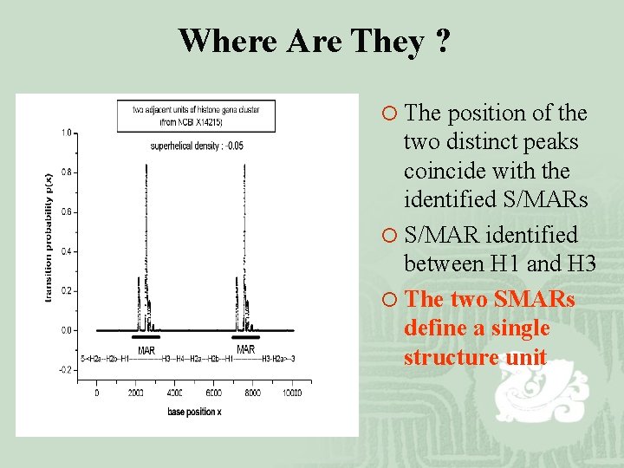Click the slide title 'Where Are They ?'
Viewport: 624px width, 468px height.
pos(314,41)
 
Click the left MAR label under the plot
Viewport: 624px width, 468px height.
pos(146,349)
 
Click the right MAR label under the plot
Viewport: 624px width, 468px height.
pos(246,349)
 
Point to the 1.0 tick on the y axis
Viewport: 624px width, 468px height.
pos(67,133)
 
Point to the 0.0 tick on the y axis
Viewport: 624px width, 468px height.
pos(67,330)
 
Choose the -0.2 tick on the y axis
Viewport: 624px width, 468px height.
pos(66,369)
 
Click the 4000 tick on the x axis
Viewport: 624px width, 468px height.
pos(175,393)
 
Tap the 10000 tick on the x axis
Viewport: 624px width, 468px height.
pos(292,393)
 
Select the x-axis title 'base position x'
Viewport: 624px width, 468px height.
pos(197,411)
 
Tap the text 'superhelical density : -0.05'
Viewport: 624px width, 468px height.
pos(197,146)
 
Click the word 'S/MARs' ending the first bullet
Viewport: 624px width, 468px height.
pos(545,200)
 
